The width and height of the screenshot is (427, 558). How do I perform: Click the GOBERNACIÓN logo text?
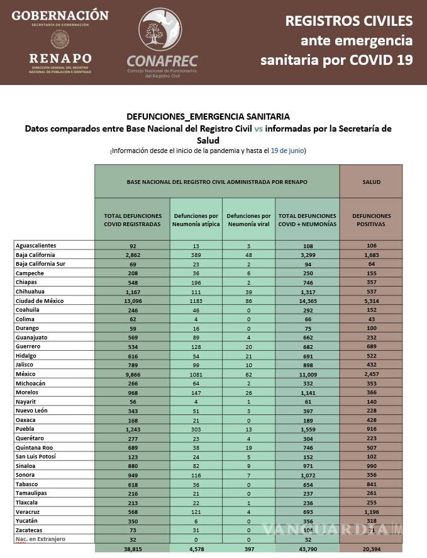[60, 14]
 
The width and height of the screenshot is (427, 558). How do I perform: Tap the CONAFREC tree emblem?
[162, 31]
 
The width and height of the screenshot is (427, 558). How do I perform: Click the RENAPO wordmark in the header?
[60, 59]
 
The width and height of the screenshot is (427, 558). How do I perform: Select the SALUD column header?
[371, 182]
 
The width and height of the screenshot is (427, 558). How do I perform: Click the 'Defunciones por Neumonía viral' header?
[248, 220]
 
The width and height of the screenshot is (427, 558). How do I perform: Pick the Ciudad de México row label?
[39, 301]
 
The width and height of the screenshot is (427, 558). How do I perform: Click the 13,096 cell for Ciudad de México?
[132, 301]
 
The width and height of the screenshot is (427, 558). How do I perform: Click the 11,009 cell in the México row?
[307, 374]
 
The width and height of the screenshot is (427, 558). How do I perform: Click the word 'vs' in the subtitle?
[259, 128]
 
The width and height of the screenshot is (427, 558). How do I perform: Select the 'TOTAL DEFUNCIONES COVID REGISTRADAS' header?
[132, 220]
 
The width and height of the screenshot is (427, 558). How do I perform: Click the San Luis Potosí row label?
[37, 456]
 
